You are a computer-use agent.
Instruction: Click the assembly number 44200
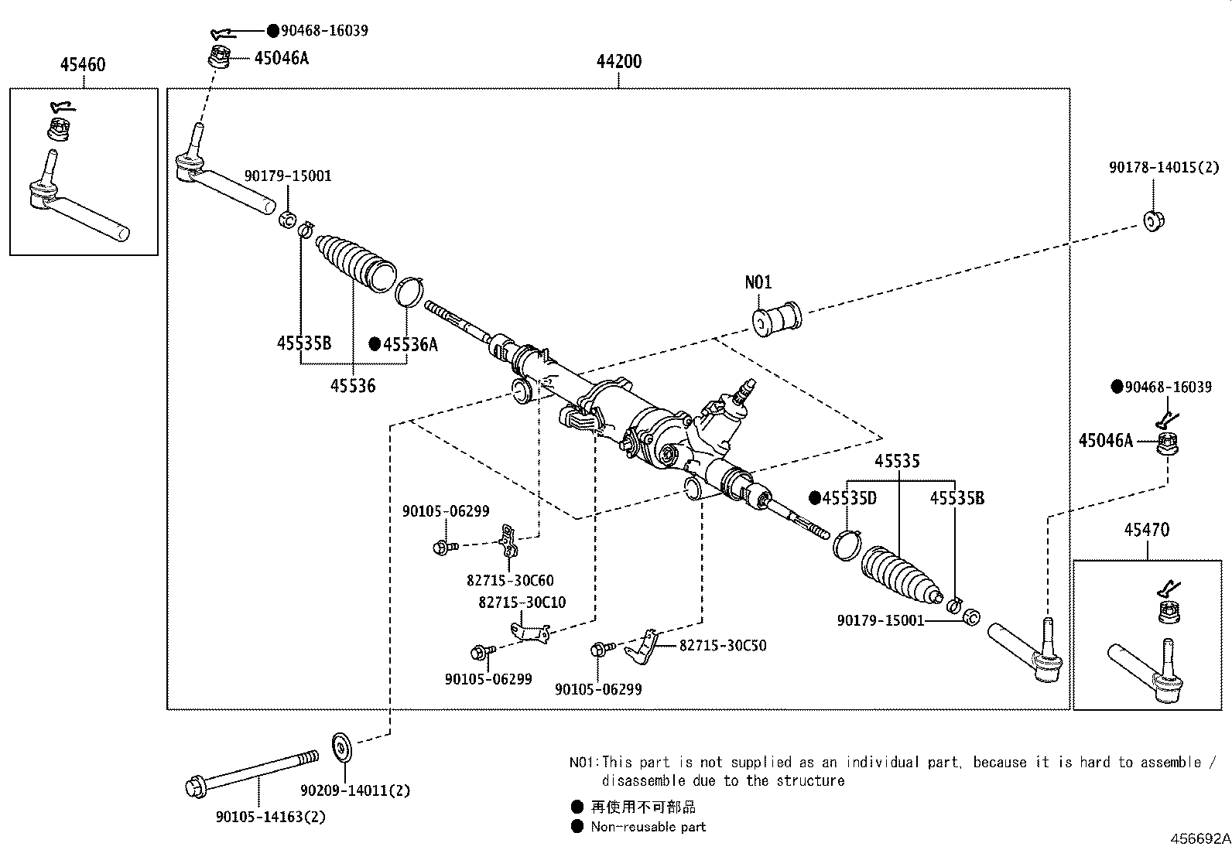click(618, 62)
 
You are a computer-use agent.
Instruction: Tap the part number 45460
click(83, 65)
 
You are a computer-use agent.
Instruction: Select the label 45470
click(1147, 531)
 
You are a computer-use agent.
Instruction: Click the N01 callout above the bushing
click(758, 282)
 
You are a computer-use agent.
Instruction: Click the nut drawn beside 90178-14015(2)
click(1153, 220)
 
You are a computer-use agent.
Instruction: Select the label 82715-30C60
click(510, 580)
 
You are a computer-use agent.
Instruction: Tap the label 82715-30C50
click(723, 645)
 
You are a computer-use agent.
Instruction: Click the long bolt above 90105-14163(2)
click(252, 772)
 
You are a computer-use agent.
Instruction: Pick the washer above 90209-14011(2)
click(341, 746)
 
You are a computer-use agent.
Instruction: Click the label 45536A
click(410, 345)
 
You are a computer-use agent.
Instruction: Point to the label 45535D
click(849, 498)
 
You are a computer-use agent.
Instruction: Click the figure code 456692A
click(1199, 838)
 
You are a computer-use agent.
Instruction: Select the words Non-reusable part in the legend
click(649, 827)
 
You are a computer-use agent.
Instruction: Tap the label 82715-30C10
click(522, 603)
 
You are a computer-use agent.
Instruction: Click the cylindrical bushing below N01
click(776, 319)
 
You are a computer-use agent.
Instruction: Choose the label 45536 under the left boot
click(353, 385)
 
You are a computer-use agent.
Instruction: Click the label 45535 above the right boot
click(897, 461)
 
